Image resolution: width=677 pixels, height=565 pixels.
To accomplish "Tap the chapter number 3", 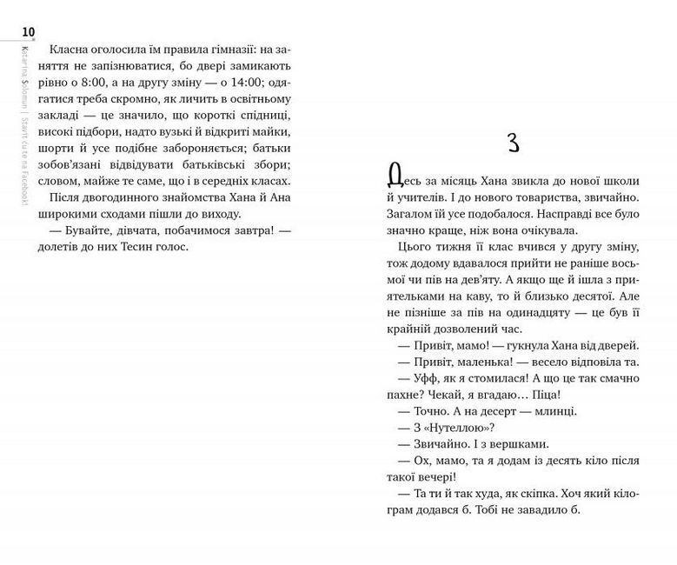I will tap(513, 143).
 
